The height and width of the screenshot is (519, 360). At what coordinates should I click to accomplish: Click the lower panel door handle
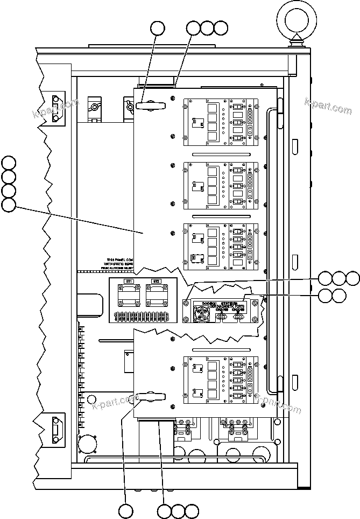[x=152, y=398]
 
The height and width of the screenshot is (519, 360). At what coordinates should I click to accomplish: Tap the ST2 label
[x=156, y=282]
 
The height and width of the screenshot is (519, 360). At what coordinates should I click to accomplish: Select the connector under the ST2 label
[x=156, y=296]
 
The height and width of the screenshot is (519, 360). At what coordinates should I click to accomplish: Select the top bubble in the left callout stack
[x=9, y=162]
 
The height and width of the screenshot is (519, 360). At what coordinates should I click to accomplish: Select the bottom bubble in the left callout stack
[x=9, y=205]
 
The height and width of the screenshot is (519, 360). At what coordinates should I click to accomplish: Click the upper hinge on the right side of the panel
[x=279, y=116]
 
